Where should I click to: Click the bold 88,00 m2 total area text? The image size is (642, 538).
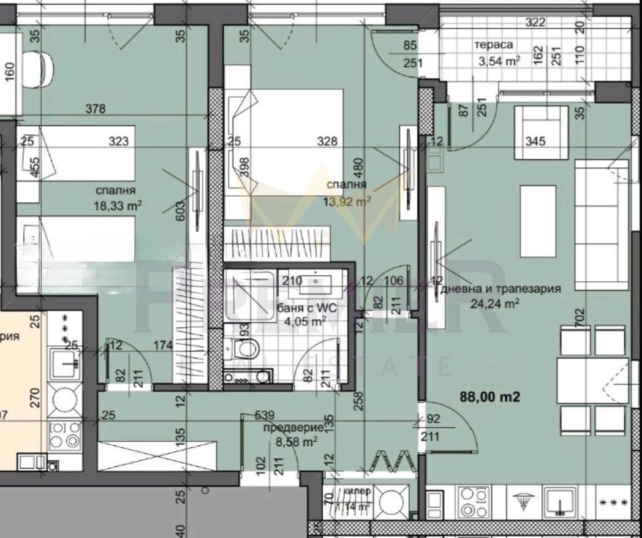click(489, 397)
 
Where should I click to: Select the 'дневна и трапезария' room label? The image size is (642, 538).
click(500, 290)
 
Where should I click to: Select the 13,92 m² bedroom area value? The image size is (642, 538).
click(347, 200)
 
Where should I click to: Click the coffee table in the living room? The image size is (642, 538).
click(538, 221)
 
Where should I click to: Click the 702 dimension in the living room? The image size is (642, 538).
click(580, 318)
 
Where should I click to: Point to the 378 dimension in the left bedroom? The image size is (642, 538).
click(96, 110)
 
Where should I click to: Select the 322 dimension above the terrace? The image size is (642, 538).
click(535, 23)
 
